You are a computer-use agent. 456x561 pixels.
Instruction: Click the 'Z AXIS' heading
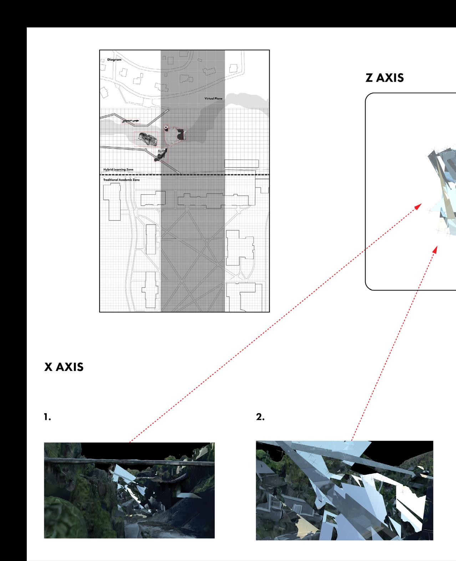coord(385,78)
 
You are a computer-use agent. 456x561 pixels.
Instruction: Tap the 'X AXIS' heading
coord(64,367)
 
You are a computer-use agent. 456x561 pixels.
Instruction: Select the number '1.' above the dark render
coord(47,417)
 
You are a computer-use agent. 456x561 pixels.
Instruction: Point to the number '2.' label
coord(260,417)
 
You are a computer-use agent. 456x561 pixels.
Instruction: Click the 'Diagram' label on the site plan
coord(114,60)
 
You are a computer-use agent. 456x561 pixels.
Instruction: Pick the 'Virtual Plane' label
coord(213,98)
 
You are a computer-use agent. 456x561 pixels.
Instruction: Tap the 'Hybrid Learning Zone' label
coord(118,169)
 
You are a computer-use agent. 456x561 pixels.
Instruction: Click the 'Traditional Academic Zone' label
coord(122,180)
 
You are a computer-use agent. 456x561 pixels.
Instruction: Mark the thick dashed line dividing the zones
coord(184,175)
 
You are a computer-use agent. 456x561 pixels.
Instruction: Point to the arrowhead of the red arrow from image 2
coord(435,249)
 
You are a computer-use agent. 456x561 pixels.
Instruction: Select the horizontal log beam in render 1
coord(129,461)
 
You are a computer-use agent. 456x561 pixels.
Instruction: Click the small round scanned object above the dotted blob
coord(166,128)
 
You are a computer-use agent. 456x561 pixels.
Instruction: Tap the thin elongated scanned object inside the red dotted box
coord(130,121)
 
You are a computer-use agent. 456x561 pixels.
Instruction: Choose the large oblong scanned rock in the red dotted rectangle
coord(148,139)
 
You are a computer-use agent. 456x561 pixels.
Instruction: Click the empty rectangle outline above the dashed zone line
coord(242,164)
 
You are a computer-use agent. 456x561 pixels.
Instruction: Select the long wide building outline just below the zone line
coord(213,201)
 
